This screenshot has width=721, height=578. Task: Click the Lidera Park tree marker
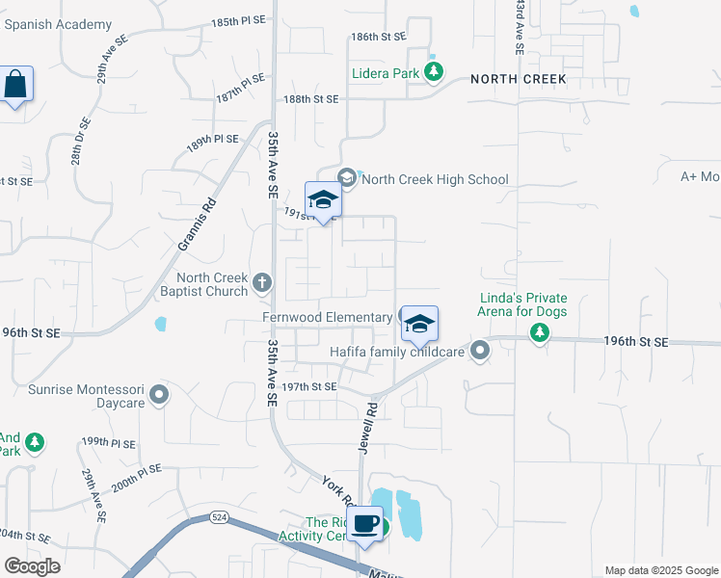point(435,71)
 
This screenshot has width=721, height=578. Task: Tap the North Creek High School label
point(435,179)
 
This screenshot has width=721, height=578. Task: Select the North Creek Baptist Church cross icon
point(263,283)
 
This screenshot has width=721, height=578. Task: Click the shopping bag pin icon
point(16,85)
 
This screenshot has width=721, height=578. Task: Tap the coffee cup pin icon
point(365,524)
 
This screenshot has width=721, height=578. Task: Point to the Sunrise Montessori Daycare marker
point(160,394)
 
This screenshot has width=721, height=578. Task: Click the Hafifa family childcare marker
point(480,352)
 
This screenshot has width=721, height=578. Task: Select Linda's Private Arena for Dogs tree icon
point(541,333)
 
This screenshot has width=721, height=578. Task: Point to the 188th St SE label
point(311,99)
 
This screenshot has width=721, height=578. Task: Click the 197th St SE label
point(308,386)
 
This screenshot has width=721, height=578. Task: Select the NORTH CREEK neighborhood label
point(518,79)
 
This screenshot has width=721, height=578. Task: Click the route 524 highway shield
point(220,517)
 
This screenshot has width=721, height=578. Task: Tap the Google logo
point(32,566)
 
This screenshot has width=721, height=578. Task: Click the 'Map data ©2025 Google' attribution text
point(661,570)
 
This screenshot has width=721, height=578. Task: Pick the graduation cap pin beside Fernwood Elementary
point(420,324)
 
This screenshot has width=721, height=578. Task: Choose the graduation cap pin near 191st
point(323,199)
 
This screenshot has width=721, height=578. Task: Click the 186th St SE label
point(378,37)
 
